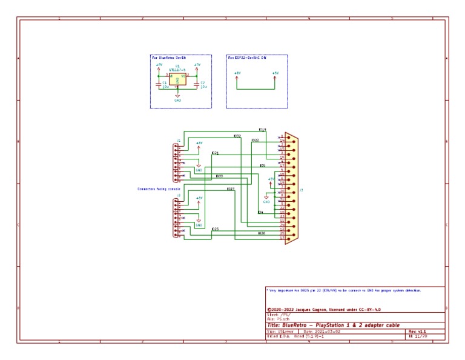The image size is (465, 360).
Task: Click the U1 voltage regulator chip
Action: tap(177, 78)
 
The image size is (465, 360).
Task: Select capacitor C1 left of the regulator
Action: tap(160, 85)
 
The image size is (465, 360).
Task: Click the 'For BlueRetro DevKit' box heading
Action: tap(170, 58)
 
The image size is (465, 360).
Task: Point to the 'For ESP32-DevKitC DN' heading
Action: tap(246, 58)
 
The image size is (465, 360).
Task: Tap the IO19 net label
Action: tap(262, 130)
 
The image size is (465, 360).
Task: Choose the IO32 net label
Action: tap(237, 136)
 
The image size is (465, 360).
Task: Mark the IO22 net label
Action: tap(255, 141)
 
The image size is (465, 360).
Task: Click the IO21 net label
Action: tap(215, 153)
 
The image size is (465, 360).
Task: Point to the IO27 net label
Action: tap(231, 190)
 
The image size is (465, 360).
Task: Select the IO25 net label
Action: tap(215, 229)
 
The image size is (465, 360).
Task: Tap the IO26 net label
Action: tap(261, 233)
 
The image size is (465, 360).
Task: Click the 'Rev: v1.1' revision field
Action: tap(418, 332)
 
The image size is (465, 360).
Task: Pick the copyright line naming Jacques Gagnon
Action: tap(323, 309)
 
